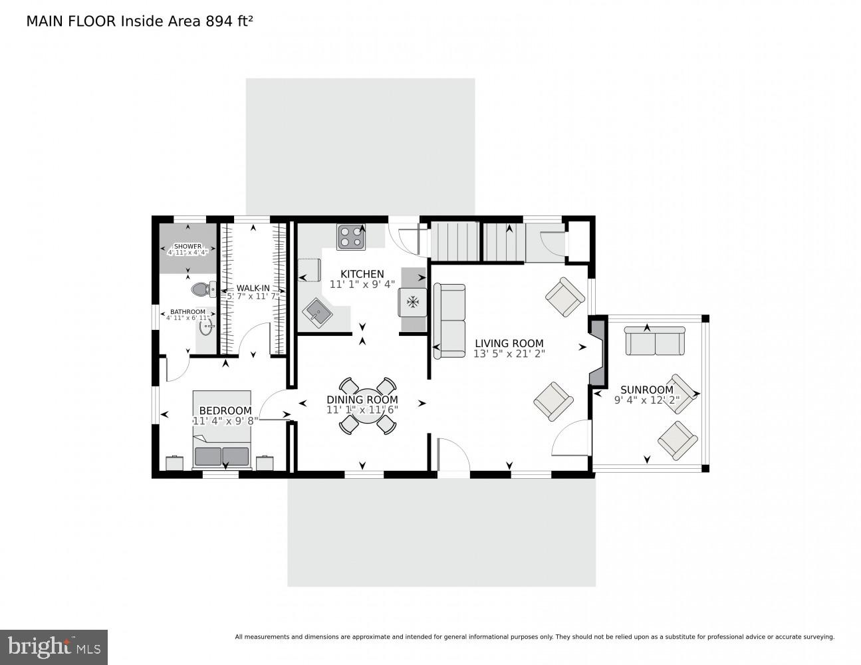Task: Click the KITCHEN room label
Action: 362,274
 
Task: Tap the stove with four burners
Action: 351,237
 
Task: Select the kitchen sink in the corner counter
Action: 318,312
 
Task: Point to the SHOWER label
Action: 187,246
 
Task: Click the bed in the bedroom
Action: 221,430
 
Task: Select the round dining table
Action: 364,405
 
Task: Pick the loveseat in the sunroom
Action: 654,340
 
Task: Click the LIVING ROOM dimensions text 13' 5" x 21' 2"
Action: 509,354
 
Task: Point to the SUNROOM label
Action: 646,390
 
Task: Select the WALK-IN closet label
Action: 253,289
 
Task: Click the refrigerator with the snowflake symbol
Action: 412,302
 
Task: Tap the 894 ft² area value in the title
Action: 229,21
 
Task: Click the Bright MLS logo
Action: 54,647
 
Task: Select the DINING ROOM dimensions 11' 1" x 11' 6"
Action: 362,410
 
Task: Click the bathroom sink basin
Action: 206,327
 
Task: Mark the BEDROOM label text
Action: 225,411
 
